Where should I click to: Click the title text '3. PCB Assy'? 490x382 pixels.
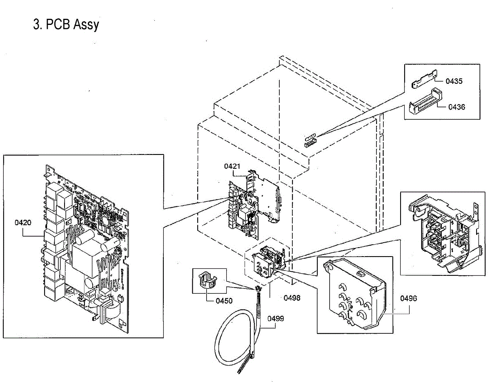[x=66, y=25]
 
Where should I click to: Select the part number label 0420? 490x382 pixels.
[x=23, y=223]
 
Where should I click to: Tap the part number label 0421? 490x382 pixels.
[x=232, y=166]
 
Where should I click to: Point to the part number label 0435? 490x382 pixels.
[x=454, y=81]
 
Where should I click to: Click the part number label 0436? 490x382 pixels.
[x=457, y=107]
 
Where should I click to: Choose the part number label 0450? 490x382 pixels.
[x=224, y=301]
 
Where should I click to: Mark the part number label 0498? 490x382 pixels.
[x=292, y=298]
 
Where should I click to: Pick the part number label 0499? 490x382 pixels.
[x=276, y=318]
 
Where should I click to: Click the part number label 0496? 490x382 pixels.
[x=408, y=298]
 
